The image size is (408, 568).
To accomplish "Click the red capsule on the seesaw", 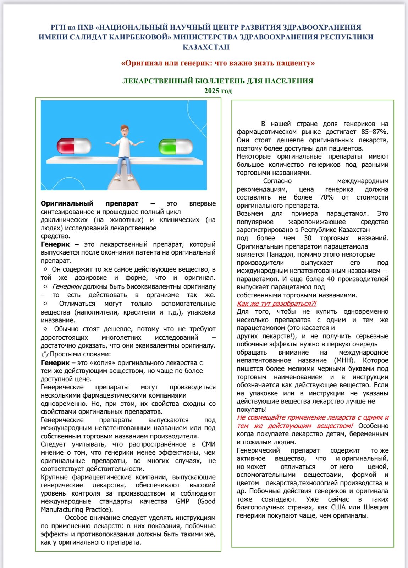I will point(74,146).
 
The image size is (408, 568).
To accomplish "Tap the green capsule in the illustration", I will point(176,146).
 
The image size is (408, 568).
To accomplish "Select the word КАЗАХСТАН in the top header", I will point(206,47).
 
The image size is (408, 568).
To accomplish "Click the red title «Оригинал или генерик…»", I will point(218,63).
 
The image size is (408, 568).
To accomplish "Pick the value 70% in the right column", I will point(326,197).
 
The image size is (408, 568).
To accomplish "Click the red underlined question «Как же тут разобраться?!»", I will point(276,304).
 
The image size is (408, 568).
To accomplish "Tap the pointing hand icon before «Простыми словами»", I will point(45,354).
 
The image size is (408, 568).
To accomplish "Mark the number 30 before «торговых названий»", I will point(308,238).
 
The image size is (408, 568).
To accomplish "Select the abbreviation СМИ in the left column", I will point(208,444).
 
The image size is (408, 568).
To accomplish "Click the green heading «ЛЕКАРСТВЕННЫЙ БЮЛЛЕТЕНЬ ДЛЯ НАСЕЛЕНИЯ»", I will point(218,81).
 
